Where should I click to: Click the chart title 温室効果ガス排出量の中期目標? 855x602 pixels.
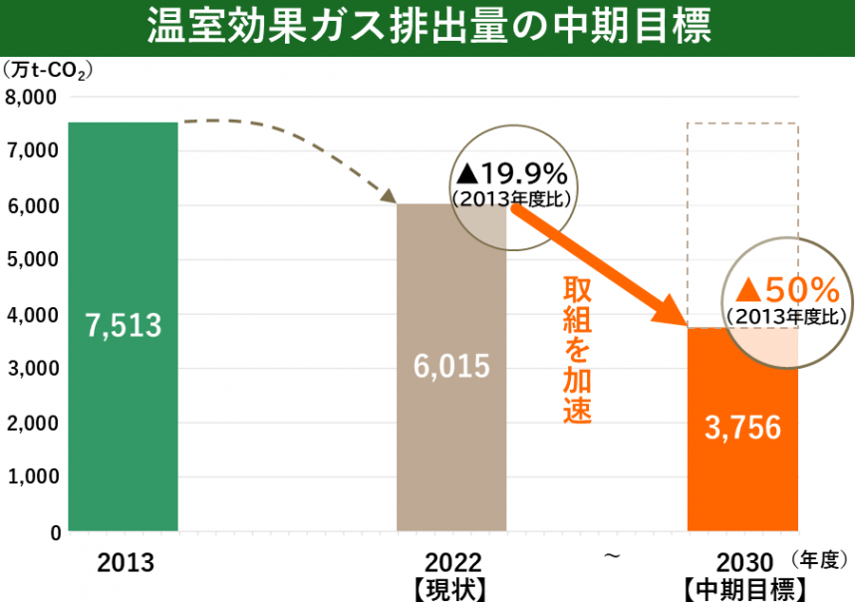427,27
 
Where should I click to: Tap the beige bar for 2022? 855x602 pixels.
450,439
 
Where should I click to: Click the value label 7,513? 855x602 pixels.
124,324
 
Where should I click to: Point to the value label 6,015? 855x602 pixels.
451,366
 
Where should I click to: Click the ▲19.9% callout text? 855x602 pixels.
510,179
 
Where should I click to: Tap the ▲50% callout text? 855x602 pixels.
787,290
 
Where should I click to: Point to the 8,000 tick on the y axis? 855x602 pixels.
32,97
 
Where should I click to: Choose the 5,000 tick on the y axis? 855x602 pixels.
32,259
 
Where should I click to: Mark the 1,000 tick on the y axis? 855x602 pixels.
32,476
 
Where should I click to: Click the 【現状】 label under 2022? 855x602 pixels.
451,588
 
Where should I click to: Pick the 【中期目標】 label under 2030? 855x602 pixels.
744,588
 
